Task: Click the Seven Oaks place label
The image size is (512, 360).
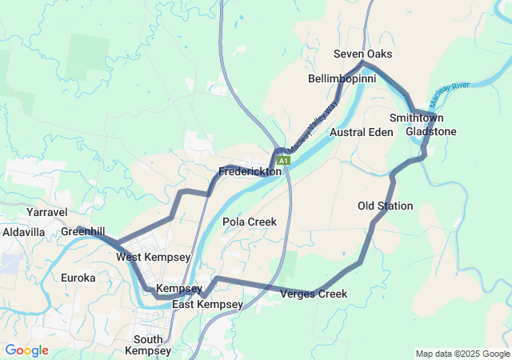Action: coord(363,54)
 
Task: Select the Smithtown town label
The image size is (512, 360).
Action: coord(417,118)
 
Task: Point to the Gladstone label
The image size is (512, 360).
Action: coord(431,131)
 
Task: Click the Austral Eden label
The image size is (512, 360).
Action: coord(362,132)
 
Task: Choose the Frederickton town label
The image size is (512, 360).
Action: coord(250,171)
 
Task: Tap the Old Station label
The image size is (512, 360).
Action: coord(386,206)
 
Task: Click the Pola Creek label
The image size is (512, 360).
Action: coord(250,222)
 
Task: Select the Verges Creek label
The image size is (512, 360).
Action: coord(314,294)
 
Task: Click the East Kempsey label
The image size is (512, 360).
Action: coord(207,305)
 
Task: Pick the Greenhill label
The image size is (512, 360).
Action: coord(83,231)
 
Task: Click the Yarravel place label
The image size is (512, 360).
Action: coord(46,212)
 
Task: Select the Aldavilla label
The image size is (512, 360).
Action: coord(24,231)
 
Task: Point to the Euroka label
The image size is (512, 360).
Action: coord(78,278)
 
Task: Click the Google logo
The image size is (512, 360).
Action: coord(26,350)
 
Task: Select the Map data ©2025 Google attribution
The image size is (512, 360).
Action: coord(462,354)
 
